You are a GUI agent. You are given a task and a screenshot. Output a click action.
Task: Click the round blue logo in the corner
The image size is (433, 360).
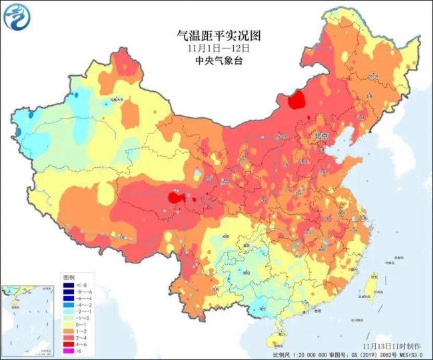[17, 17]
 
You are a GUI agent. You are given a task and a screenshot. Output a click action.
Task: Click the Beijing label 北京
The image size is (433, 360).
[320, 136]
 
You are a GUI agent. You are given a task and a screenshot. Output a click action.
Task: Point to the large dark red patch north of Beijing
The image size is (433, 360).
[296, 100]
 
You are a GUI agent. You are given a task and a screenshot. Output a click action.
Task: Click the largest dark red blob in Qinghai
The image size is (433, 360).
[175, 198]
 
